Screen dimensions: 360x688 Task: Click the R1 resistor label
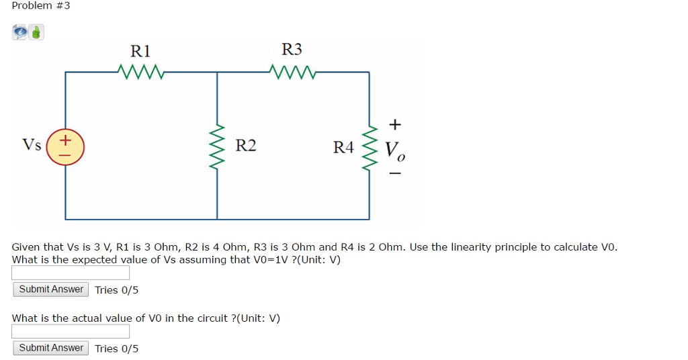[x=140, y=50]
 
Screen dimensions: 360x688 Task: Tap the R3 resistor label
[x=292, y=49]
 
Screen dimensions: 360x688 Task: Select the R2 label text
[x=246, y=146]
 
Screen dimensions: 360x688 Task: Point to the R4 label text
[x=343, y=147]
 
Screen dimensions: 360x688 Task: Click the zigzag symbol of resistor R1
[x=140, y=71]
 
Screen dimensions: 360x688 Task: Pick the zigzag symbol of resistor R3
[x=292, y=71]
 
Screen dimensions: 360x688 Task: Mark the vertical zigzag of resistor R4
[x=369, y=146]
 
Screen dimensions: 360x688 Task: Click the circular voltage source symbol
[x=65, y=146]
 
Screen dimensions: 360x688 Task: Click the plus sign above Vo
[x=395, y=124]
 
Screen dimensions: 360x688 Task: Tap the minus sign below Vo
[x=395, y=175]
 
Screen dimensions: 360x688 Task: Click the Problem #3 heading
[x=41, y=6]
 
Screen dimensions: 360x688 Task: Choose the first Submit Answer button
[x=51, y=289]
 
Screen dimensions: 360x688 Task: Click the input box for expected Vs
[x=71, y=273]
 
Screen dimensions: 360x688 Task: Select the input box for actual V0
[x=71, y=331]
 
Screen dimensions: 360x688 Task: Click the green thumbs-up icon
[x=36, y=32]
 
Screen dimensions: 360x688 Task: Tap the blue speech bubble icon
[x=20, y=32]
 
